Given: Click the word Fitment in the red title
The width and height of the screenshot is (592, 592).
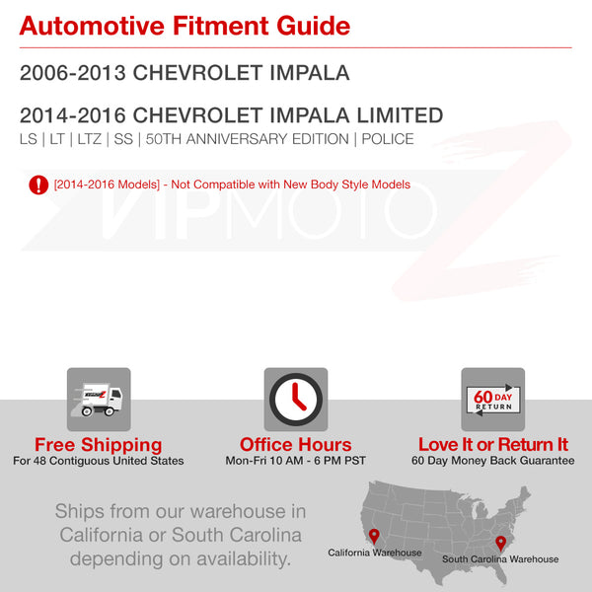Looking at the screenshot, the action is pyautogui.click(x=221, y=26).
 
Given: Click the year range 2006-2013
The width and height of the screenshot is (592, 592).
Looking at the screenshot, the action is pyautogui.click(x=72, y=72).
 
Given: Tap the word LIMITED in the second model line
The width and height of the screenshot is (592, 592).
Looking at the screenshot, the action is pyautogui.click(x=400, y=115).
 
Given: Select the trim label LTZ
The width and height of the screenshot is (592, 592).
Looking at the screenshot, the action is pyautogui.click(x=90, y=139).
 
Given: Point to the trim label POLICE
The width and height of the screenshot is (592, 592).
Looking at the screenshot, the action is pyautogui.click(x=388, y=139).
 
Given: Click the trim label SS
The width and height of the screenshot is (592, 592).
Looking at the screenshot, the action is pyautogui.click(x=123, y=139).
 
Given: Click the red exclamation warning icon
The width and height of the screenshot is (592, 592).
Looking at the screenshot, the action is pyautogui.click(x=38, y=185).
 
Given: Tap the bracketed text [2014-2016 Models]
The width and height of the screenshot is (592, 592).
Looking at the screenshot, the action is pyautogui.click(x=107, y=185).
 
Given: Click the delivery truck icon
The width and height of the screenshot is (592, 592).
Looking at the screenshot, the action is pyautogui.click(x=99, y=400).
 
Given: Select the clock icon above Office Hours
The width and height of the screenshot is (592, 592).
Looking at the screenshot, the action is pyautogui.click(x=296, y=400).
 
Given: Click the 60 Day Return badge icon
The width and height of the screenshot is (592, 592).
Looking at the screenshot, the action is pyautogui.click(x=493, y=400).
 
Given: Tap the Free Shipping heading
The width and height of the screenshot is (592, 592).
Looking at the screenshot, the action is pyautogui.click(x=99, y=444).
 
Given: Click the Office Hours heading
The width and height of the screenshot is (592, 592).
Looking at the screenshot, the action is pyautogui.click(x=296, y=444).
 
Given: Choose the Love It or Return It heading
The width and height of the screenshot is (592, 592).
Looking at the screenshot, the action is pyautogui.click(x=493, y=444).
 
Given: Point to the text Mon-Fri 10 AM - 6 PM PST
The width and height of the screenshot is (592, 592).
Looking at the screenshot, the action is pyautogui.click(x=296, y=461).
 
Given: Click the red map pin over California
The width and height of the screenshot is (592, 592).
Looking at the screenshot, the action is pyautogui.click(x=374, y=536).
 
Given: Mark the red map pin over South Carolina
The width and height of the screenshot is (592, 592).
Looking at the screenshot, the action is pyautogui.click(x=500, y=544).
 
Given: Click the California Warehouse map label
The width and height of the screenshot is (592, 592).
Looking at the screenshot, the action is pyautogui.click(x=375, y=553).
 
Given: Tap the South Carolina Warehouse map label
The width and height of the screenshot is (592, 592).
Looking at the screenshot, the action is pyautogui.click(x=500, y=559).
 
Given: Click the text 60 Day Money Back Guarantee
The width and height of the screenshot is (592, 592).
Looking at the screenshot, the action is pyautogui.click(x=493, y=461).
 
